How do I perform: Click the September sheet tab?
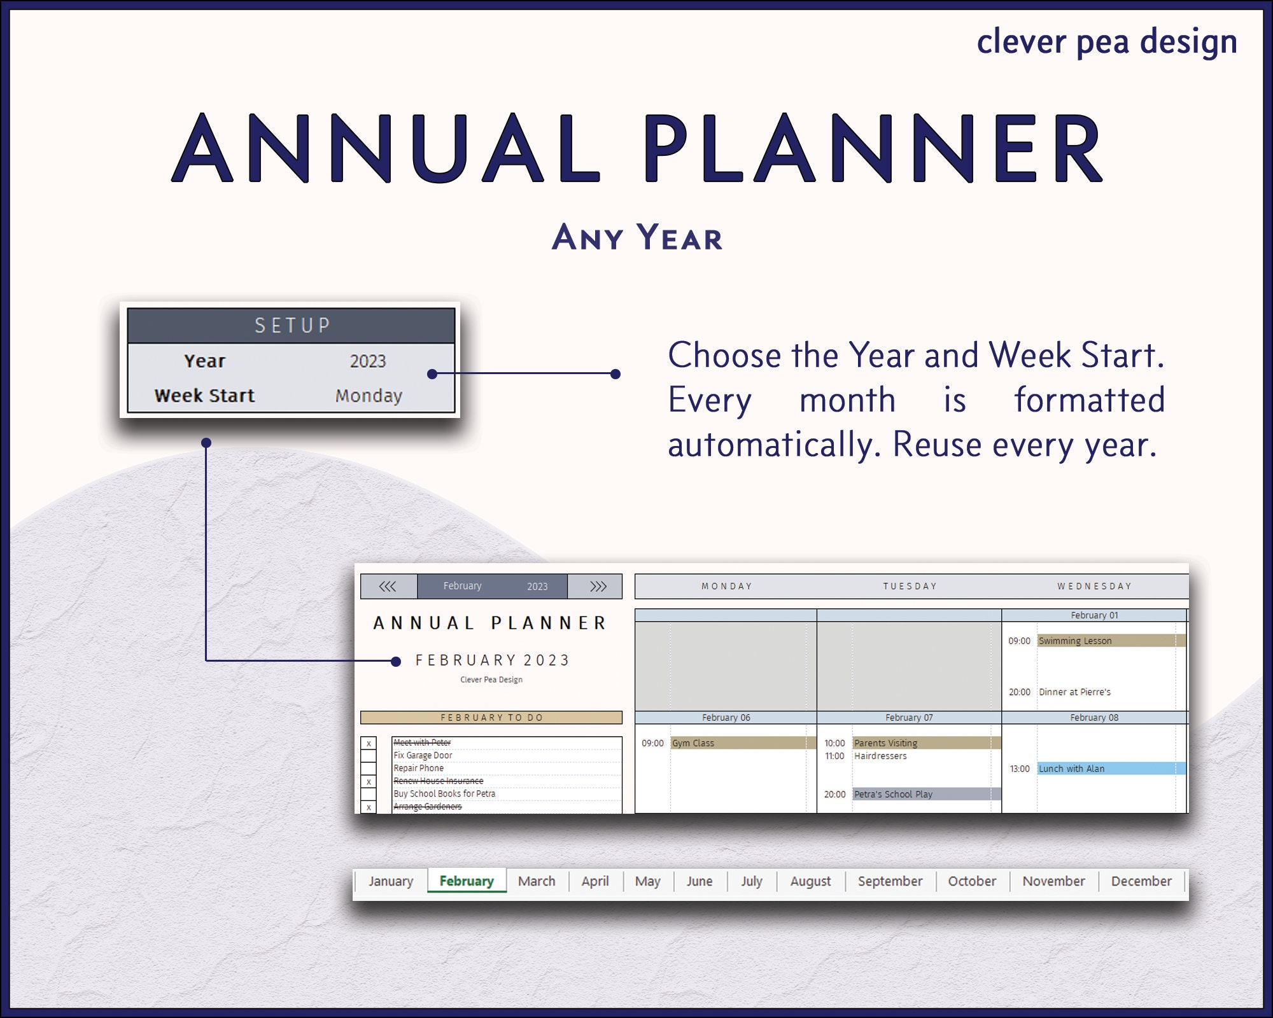pyautogui.click(x=889, y=881)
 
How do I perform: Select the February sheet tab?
pyautogui.click(x=467, y=881)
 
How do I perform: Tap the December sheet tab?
pyautogui.click(x=1141, y=881)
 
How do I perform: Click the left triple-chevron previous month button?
pyautogui.click(x=388, y=586)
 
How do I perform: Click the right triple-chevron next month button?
pyautogui.click(x=597, y=586)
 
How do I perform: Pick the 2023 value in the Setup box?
pyautogui.click(x=368, y=361)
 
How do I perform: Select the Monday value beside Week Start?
pyautogui.click(x=369, y=396)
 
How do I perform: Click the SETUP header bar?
pyautogui.click(x=292, y=326)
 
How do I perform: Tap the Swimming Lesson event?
pyautogui.click(x=1110, y=641)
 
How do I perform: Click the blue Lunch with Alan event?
pyautogui.click(x=1110, y=769)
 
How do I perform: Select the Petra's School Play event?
pyautogui.click(x=925, y=794)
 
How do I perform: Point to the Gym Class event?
pyautogui.click(x=742, y=743)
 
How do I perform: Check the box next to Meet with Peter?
pyautogui.click(x=369, y=743)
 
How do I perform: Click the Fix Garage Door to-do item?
pyautogui.click(x=423, y=755)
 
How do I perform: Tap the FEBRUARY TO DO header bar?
pyautogui.click(x=491, y=718)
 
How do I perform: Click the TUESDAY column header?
pyautogui.click(x=910, y=586)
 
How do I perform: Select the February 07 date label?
pyautogui.click(x=908, y=718)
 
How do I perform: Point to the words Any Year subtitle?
pyautogui.click(x=636, y=238)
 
